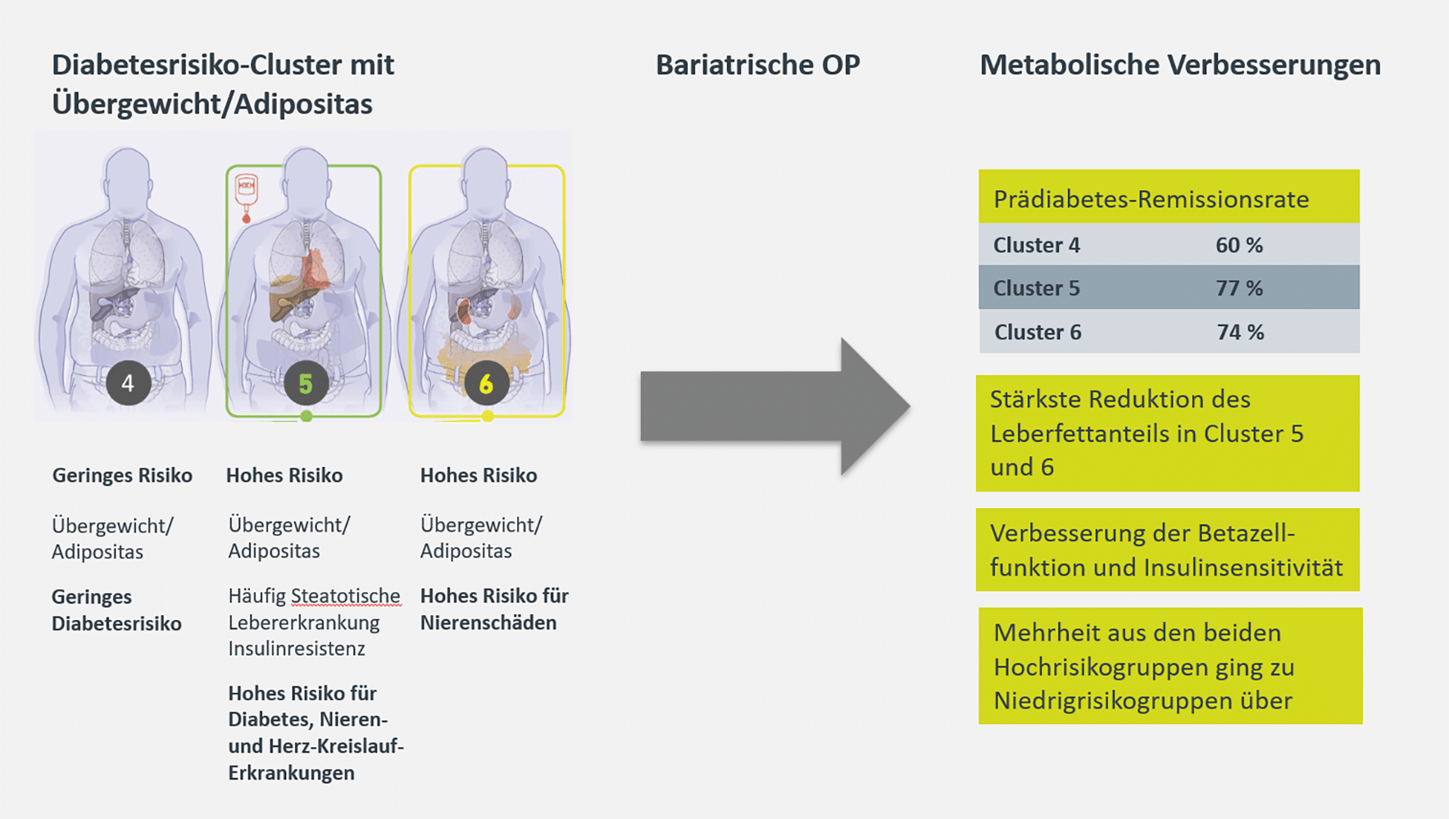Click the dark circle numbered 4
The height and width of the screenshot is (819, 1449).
[128, 382]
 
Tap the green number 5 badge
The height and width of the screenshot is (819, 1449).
[306, 383]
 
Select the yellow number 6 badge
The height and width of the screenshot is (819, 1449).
[486, 383]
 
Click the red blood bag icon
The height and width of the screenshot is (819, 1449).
[246, 197]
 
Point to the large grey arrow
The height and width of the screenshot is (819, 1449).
[774, 406]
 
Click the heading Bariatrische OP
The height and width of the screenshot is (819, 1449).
[758, 65]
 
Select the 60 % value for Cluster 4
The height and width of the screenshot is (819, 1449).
[1239, 245]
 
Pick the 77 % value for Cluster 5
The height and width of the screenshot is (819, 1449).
[1239, 288]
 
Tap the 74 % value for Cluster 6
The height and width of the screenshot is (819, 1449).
[1240, 332]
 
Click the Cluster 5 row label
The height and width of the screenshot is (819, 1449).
[1037, 288]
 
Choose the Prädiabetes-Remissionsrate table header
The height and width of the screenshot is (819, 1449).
[1151, 199]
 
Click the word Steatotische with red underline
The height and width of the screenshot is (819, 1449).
[346, 595]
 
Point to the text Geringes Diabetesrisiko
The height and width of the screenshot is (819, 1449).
[116, 610]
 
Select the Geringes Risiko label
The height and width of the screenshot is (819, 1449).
[122, 475]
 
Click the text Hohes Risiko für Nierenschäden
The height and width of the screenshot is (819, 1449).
[494, 609]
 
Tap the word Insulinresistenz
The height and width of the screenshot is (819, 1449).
[297, 649]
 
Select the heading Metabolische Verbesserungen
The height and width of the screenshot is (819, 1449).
[1180, 65]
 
